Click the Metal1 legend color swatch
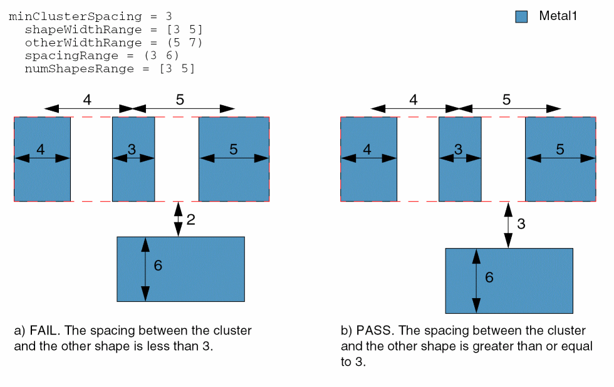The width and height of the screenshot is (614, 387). click(521, 17)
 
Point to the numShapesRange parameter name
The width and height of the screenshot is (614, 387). click(79, 69)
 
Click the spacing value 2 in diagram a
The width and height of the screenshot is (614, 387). click(191, 219)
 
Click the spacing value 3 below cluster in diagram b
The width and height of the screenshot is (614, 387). click(521, 224)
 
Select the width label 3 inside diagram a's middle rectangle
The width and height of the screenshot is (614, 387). click(132, 149)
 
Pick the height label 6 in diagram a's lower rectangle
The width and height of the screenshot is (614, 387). click(158, 266)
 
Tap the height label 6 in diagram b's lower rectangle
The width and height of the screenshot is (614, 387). click(489, 277)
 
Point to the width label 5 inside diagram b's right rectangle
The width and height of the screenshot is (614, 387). click(560, 149)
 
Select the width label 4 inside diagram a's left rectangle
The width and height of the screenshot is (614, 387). click(41, 149)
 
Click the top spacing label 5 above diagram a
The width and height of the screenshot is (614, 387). click(180, 99)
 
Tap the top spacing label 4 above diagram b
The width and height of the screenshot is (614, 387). click(414, 99)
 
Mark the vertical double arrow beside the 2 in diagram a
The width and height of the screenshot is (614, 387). click(179, 219)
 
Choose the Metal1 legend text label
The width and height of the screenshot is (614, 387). click(558, 16)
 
